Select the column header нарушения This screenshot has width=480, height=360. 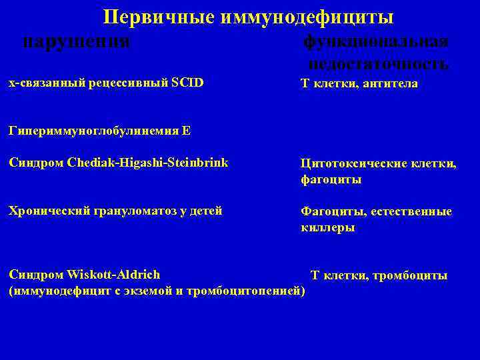pos(76,41)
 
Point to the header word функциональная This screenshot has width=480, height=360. pos(376,41)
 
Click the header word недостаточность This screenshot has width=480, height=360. pos(378,63)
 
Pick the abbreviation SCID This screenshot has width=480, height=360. pos(187,83)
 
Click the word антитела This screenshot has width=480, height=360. pos(390,83)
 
